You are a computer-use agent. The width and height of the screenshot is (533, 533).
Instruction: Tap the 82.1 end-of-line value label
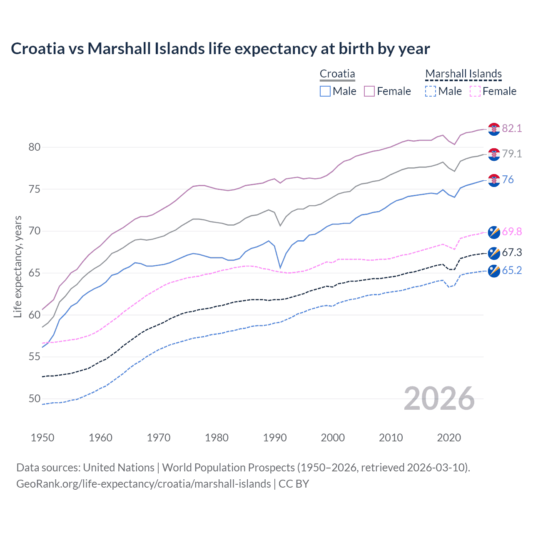point(512,128)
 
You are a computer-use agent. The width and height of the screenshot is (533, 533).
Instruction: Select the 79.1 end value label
point(512,154)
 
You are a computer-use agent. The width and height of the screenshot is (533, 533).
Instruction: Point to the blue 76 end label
point(508,179)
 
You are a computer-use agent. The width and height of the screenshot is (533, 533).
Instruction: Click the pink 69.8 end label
point(512,232)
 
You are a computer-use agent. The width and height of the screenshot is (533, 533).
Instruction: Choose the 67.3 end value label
point(512,252)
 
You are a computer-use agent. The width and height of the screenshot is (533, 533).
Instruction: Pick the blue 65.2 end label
point(512,270)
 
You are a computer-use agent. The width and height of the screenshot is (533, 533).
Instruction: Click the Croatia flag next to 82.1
point(494,129)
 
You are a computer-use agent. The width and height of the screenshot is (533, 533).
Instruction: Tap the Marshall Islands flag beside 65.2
point(494,271)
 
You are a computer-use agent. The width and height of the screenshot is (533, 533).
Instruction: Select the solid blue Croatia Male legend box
point(325,91)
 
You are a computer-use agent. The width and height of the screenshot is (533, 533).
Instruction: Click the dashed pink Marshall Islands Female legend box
point(475,91)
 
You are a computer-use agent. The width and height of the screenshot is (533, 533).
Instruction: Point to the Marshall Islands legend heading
point(463,74)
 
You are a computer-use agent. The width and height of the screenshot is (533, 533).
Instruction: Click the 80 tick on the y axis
point(35,147)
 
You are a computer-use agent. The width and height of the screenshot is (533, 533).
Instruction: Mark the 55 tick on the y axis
point(35,357)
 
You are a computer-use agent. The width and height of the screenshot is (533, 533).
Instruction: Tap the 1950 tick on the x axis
point(42,438)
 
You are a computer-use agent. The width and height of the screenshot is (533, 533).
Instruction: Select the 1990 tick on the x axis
point(275,438)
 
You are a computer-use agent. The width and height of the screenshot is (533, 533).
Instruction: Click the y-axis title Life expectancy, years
point(17,266)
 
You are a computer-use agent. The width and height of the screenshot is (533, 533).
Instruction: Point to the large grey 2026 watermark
point(439,399)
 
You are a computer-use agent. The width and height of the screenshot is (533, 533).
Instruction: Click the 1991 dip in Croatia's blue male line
point(280,268)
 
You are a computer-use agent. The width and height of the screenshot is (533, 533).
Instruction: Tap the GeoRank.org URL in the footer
point(143,484)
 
